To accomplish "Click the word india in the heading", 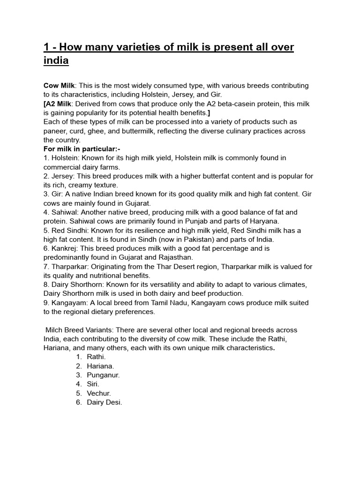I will [56, 61].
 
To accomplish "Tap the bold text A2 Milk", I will [59, 104].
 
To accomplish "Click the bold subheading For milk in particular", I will [82, 149].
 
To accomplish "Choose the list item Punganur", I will [103, 375].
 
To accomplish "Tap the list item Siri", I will [93, 384].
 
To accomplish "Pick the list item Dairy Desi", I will [104, 402].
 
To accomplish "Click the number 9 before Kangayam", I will [45, 303].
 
